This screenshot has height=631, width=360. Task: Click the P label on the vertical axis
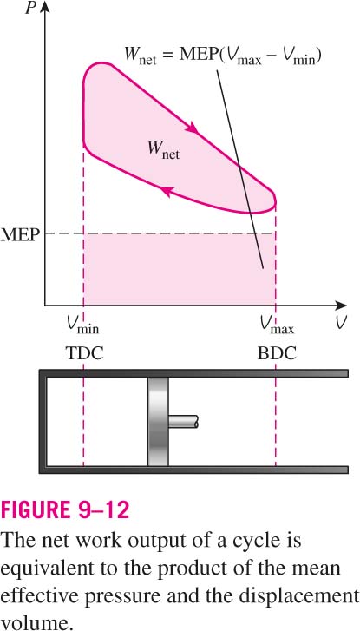[x=29, y=8]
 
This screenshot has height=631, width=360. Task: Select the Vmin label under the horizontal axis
[x=83, y=325]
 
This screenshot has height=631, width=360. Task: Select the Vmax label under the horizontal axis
[x=277, y=325]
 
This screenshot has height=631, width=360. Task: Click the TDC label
[x=84, y=353]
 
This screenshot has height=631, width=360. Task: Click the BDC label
[x=277, y=353]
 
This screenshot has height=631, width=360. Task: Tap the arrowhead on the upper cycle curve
[x=193, y=128]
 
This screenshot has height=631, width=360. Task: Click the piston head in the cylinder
[x=158, y=422]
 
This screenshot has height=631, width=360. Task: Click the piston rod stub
[x=183, y=422]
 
